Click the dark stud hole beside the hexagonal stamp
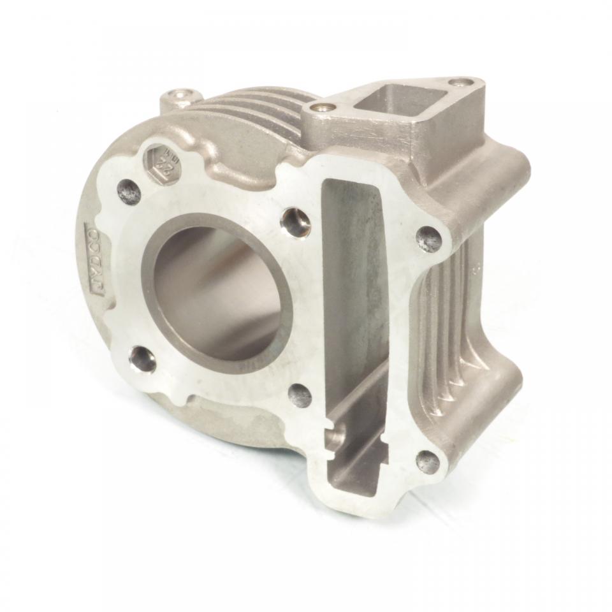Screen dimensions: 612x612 coord(129,191)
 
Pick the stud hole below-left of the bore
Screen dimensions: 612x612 coord(142,360)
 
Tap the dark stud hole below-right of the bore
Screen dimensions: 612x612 coord(300,395)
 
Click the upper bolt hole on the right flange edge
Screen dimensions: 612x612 coord(428,239)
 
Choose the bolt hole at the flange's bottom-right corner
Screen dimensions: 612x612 coord(427,462)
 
